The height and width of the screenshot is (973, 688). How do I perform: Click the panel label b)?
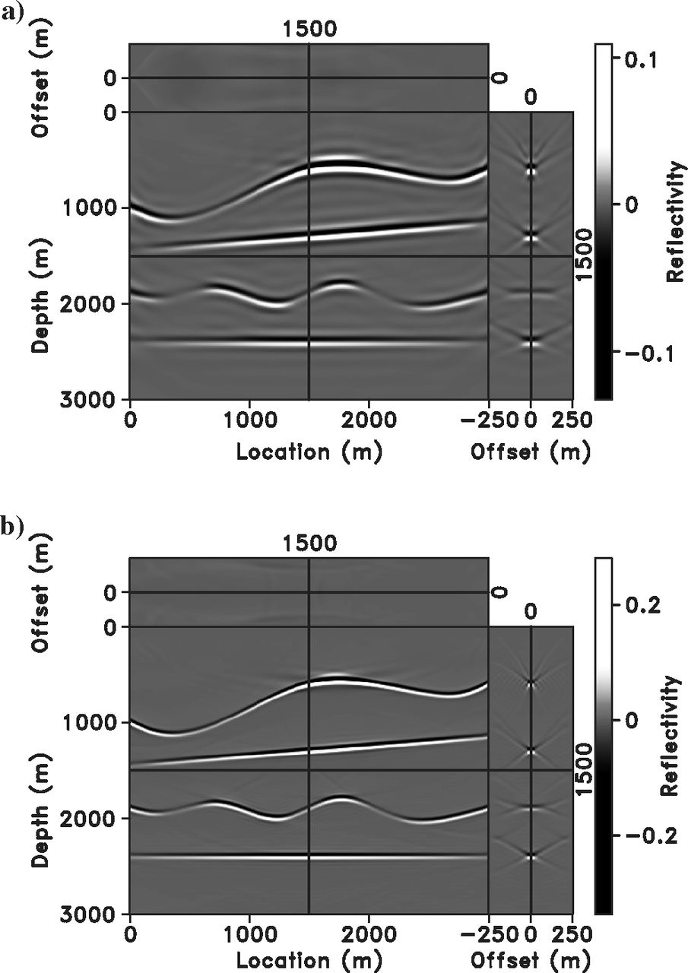pos(11,528)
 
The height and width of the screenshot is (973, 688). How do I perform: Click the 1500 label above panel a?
pos(309,30)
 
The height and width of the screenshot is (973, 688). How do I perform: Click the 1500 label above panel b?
pos(309,544)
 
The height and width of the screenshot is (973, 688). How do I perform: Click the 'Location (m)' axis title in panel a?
pos(309,452)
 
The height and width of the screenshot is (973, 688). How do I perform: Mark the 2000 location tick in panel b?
pos(369,933)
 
